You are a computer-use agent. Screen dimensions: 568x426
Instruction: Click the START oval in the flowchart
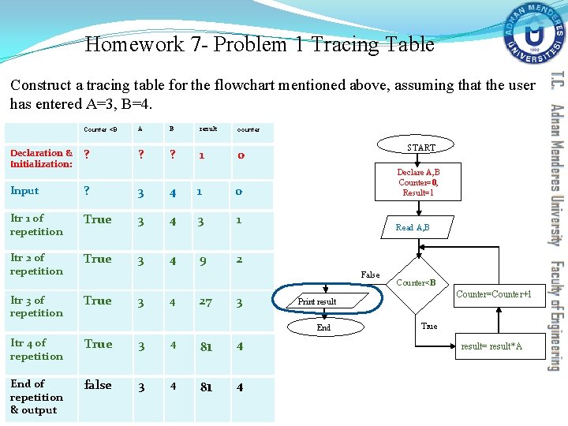click(x=420, y=148)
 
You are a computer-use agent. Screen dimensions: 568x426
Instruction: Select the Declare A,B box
click(x=418, y=182)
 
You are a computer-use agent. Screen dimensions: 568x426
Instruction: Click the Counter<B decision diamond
click(x=415, y=282)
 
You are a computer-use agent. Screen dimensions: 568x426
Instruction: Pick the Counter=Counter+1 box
click(x=499, y=294)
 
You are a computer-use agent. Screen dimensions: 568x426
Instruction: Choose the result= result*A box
click(x=491, y=346)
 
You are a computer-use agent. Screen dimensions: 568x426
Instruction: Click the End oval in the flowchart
click(x=323, y=327)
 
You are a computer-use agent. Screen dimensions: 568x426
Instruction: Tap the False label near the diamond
click(x=370, y=275)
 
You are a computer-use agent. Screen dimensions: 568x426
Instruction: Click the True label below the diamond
click(x=429, y=326)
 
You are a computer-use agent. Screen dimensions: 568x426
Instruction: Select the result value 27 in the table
click(x=206, y=301)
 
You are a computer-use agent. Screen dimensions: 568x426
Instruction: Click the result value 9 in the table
click(x=203, y=260)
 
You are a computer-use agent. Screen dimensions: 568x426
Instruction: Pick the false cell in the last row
click(x=98, y=385)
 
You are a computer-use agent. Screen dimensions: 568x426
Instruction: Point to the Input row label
click(x=24, y=191)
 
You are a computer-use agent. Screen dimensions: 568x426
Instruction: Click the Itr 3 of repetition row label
click(x=36, y=306)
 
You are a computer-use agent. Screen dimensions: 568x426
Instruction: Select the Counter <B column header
click(x=100, y=129)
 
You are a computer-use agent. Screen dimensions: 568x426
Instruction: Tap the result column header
click(x=207, y=129)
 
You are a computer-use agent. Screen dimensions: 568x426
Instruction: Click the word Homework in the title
click(x=135, y=44)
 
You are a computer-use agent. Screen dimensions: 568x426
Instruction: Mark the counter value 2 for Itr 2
click(x=240, y=260)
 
